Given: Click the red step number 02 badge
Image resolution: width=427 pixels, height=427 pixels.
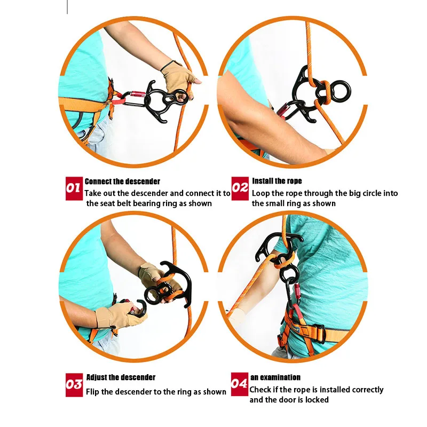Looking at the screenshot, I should [240, 188].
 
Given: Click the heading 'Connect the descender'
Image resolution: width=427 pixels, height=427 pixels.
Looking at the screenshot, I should [122, 181].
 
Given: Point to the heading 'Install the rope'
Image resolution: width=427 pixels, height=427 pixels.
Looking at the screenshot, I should [276, 181].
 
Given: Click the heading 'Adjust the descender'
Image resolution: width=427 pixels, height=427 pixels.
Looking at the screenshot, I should [121, 377].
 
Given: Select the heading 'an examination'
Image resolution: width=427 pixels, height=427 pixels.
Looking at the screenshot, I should [275, 377].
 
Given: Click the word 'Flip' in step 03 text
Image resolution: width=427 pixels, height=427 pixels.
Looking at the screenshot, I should [94, 392].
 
